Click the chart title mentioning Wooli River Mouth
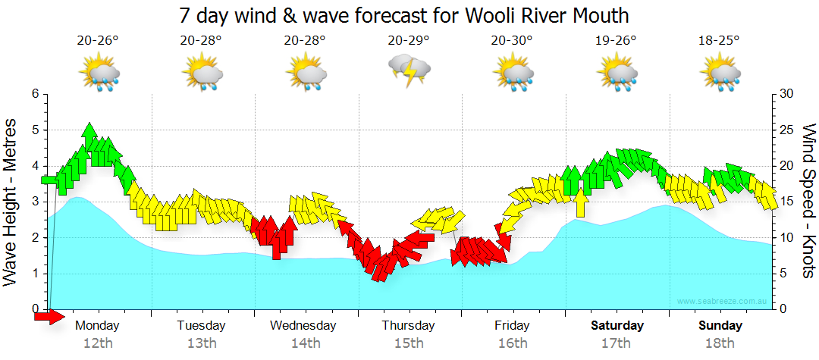click(x=404, y=15)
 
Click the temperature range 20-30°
click(x=512, y=41)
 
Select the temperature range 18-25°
click(x=719, y=41)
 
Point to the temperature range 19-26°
click(x=615, y=41)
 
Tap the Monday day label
click(x=98, y=326)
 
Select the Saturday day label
click(x=617, y=326)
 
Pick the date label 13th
click(x=201, y=343)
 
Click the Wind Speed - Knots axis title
click(x=808, y=201)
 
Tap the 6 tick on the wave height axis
click(x=34, y=94)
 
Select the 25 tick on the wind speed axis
click(x=786, y=130)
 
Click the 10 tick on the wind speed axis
click(x=786, y=238)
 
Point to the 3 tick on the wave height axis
click(x=34, y=202)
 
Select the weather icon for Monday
click(x=99, y=74)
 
